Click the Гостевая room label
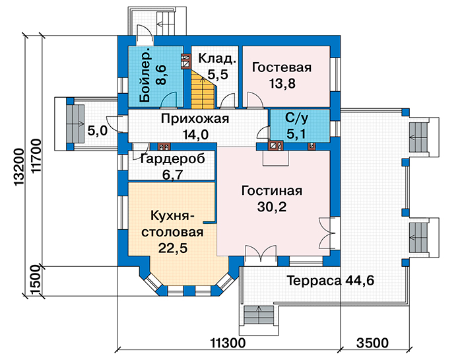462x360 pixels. (282, 67)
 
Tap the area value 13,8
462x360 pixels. (282, 84)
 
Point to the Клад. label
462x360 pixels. (217, 58)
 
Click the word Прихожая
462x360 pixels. (195, 119)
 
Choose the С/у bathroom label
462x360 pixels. (297, 118)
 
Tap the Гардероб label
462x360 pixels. (173, 159)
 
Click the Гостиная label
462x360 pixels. (272, 191)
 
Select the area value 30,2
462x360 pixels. (272, 207)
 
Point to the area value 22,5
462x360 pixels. (173, 248)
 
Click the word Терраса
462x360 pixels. (314, 280)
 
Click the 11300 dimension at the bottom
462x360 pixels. (228, 343)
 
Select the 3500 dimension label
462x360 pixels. (372, 343)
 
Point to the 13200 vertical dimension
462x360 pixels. (19, 167)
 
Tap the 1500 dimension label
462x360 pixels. (36, 281)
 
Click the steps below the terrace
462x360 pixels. (259, 315)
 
